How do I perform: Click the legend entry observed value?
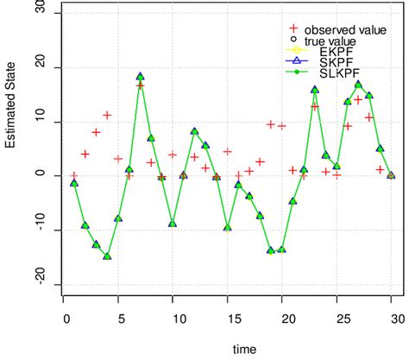point(345,29)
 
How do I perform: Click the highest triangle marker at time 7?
point(140,77)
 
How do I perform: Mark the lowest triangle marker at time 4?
point(107,256)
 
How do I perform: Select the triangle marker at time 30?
point(391,175)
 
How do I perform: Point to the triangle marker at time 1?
point(74,183)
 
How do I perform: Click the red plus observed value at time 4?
point(107,115)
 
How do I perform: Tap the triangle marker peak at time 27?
point(358,85)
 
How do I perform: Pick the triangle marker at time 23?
point(315,90)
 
